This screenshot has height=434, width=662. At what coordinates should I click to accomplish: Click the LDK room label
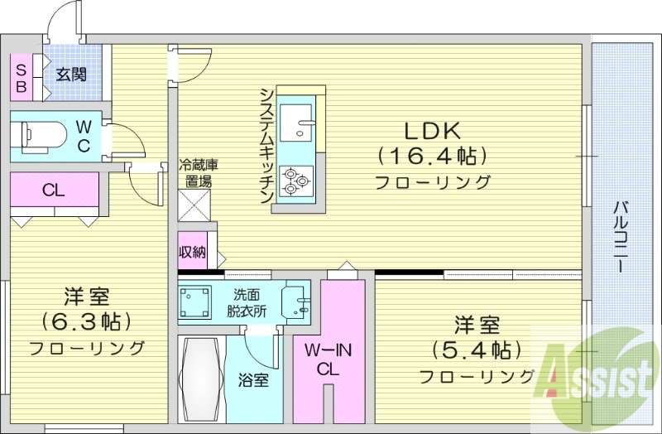pos(431,130)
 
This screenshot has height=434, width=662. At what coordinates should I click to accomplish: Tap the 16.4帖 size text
pos(431,156)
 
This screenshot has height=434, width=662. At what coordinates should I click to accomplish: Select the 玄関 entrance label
pos(71,75)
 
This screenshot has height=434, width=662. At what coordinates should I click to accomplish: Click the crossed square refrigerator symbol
pos(195,204)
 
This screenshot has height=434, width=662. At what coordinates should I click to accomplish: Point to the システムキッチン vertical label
pos(266,145)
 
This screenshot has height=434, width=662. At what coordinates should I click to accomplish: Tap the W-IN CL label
pos(329,361)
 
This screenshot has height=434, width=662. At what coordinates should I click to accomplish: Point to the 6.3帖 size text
pos(87,321)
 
